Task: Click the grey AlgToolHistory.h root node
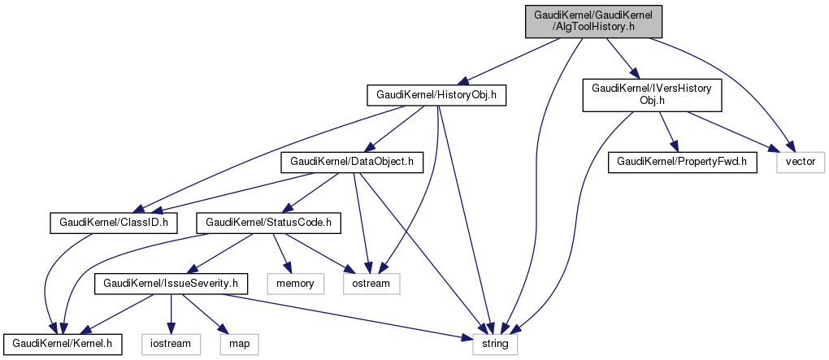coord(593,21)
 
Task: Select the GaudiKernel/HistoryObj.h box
coord(436,95)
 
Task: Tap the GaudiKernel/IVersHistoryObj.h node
coord(652,95)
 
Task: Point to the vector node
coord(801,163)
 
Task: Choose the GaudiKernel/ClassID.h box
coord(113,221)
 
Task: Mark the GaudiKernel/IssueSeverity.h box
coord(171,283)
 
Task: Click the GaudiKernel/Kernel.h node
coord(63,344)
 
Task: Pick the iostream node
coord(171,344)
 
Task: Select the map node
coord(239,344)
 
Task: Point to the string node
coord(495,344)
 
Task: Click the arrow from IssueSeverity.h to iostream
coord(171,314)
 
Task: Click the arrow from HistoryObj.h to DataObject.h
coord(396,128)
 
